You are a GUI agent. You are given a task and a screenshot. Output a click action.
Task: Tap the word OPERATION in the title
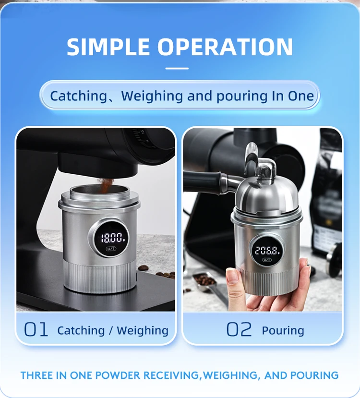point(225,47)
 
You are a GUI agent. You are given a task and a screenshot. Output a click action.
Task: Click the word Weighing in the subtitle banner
point(153,96)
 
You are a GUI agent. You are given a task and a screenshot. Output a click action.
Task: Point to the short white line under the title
point(177,68)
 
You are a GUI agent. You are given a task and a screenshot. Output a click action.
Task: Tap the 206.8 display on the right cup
point(267,250)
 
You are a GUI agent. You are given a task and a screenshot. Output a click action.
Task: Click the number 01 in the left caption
point(36,330)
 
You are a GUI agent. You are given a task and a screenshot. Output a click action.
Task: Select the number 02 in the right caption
point(239,330)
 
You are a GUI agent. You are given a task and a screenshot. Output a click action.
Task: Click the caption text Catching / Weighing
point(113,330)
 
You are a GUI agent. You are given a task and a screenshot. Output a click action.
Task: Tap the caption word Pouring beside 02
point(283,330)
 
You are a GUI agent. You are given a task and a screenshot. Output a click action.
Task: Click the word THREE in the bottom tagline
point(37,375)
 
